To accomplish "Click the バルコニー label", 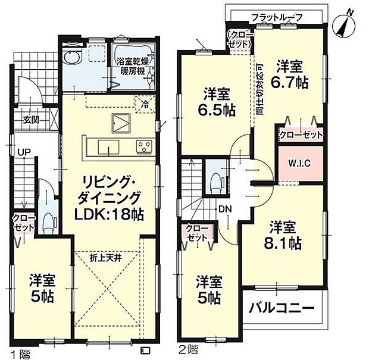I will [x=281, y=309].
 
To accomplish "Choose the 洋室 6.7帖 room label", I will [x=291, y=73].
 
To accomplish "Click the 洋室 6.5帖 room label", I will [x=215, y=102].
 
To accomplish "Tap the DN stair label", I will [x=225, y=209].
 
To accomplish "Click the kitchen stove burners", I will [x=144, y=146].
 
